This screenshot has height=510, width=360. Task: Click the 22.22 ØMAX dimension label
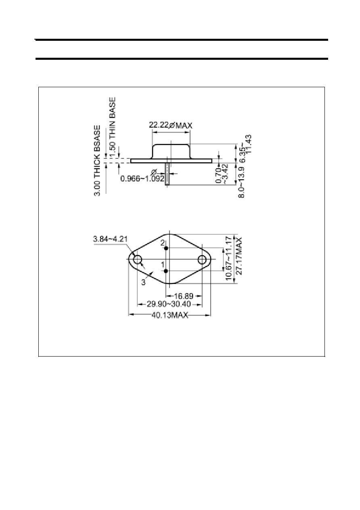coord(170,125)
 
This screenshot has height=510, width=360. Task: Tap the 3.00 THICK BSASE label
coord(97,161)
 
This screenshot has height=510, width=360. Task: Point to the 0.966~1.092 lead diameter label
coord(142,179)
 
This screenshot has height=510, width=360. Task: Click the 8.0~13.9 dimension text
coord(241,182)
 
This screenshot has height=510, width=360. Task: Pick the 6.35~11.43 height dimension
coord(246,149)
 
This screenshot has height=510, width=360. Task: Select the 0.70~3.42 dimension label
coord(222,174)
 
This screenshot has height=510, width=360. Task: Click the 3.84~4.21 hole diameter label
coord(110,239)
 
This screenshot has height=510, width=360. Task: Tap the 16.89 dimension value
coord(184,296)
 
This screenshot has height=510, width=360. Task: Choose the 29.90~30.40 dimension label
coord(169,304)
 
